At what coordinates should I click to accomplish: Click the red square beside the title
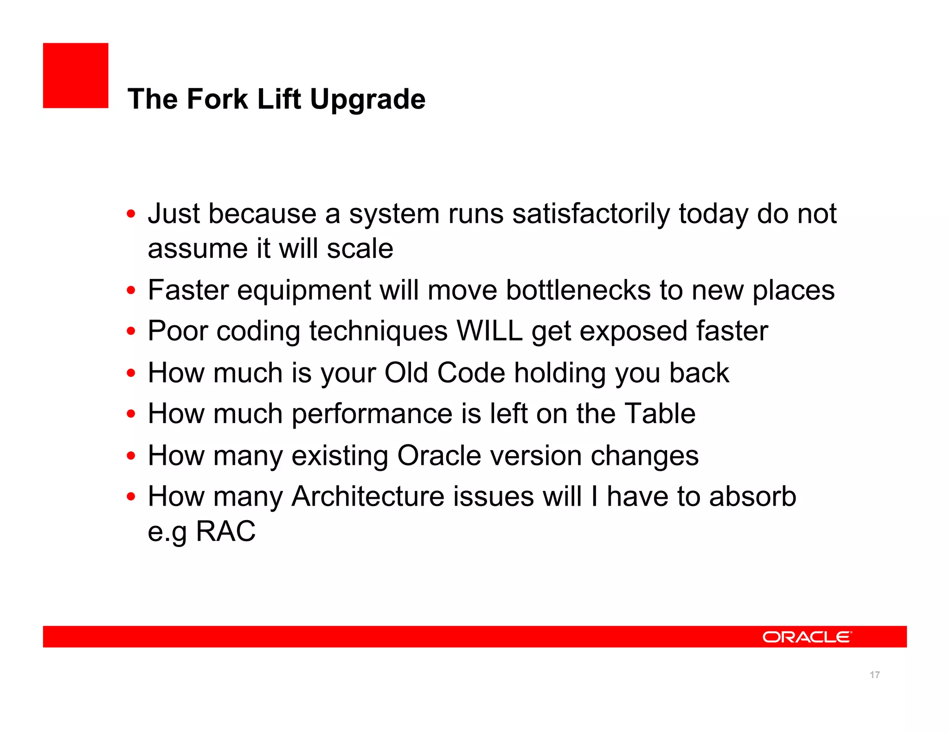pyautogui.click(x=76, y=76)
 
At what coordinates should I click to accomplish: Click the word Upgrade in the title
pyautogui.click(x=367, y=99)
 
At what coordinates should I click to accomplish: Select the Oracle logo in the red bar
pyautogui.click(x=807, y=637)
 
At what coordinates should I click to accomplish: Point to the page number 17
pyautogui.click(x=874, y=675)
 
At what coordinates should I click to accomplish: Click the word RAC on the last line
pyautogui.click(x=225, y=531)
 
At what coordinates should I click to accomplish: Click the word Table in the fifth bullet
pyautogui.click(x=660, y=414)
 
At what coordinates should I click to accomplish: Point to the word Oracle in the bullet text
pyautogui.click(x=439, y=456)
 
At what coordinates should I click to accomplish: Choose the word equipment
pyautogui.click(x=304, y=290)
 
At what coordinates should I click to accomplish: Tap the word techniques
pyautogui.click(x=379, y=331)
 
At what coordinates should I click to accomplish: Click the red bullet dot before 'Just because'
pyautogui.click(x=131, y=214)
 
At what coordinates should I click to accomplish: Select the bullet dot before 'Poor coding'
pyautogui.click(x=131, y=331)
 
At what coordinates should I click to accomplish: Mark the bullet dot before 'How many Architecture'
pyautogui.click(x=131, y=497)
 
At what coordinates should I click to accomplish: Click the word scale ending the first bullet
pyautogui.click(x=360, y=249)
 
